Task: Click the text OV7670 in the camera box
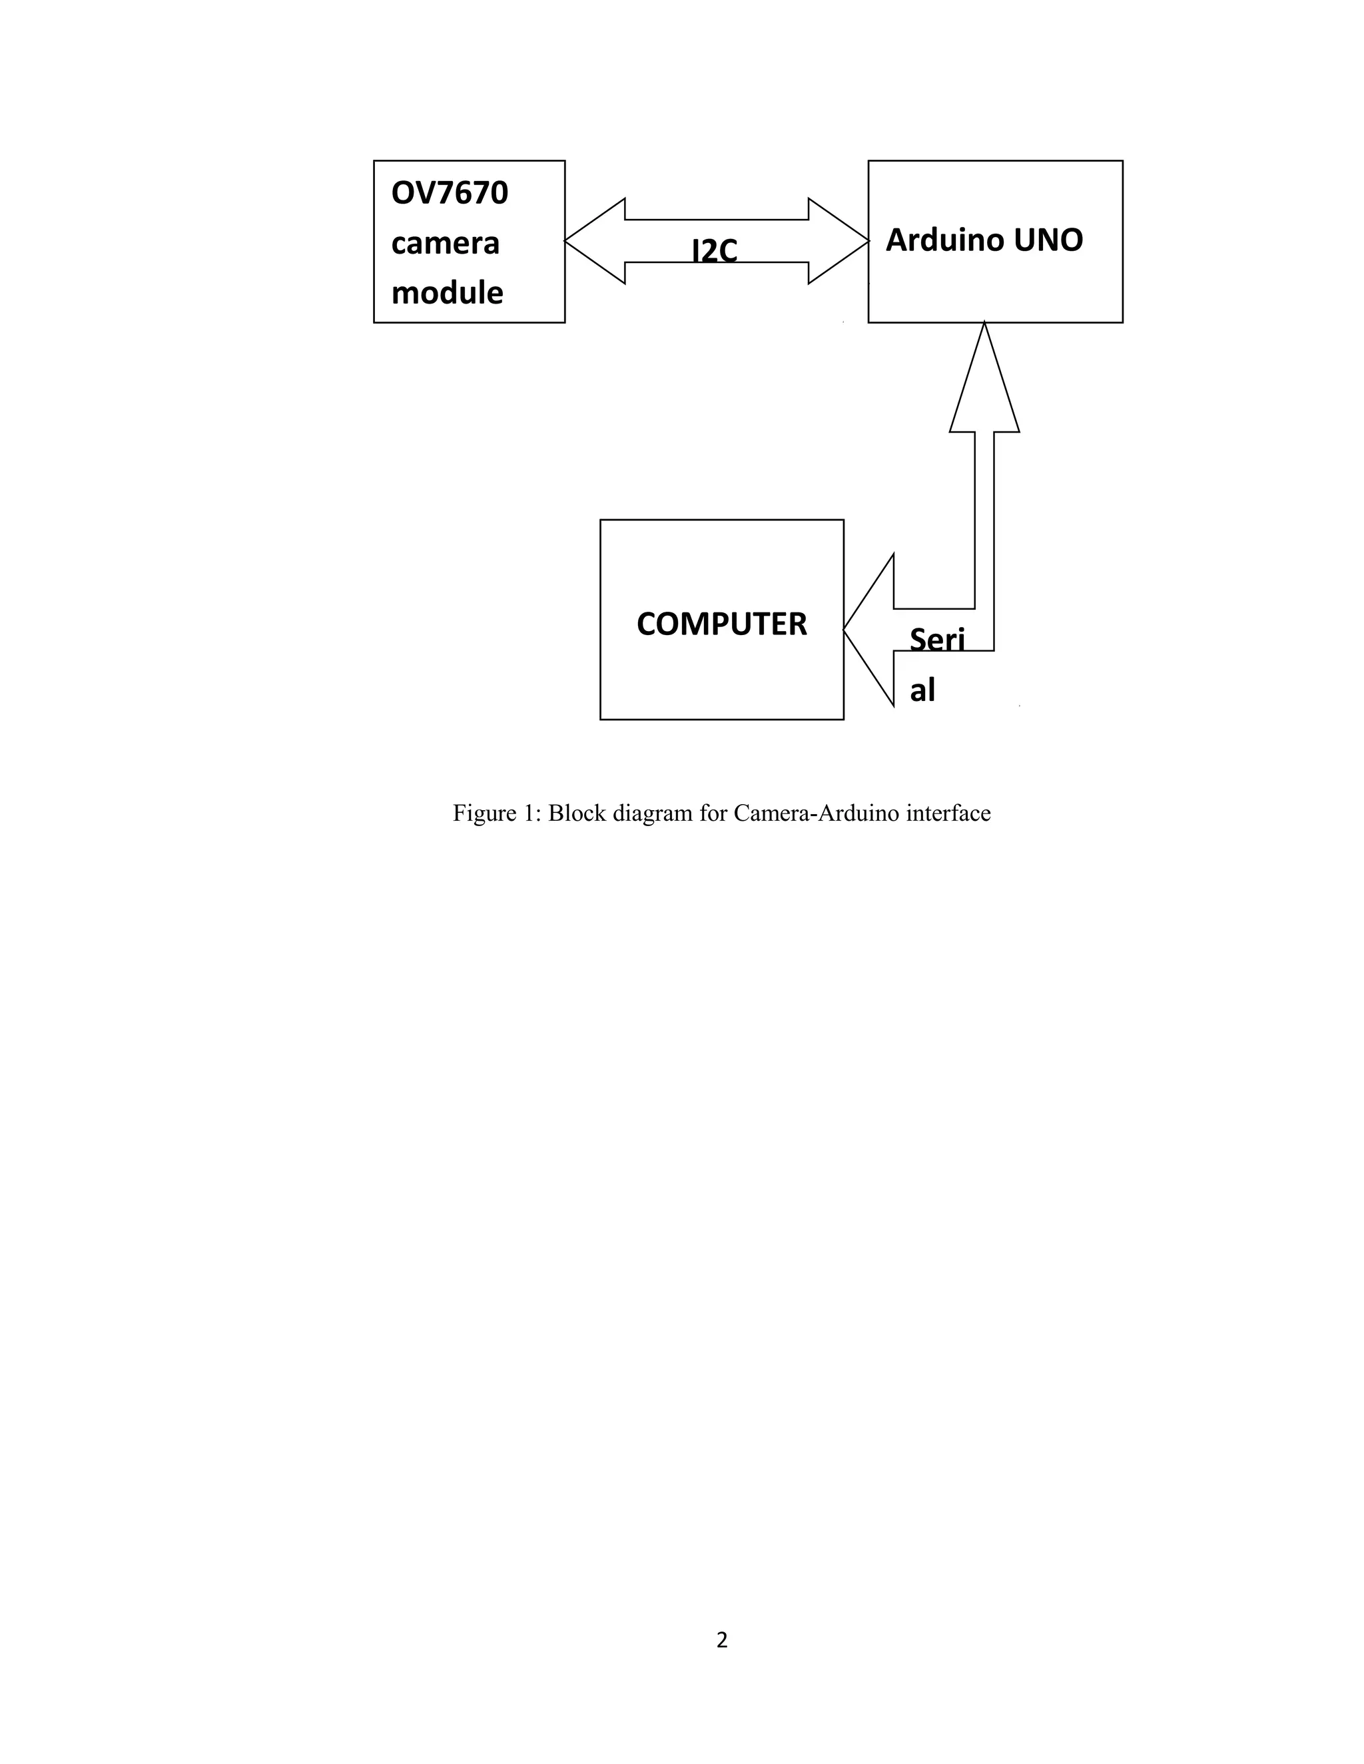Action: pyautogui.click(x=450, y=193)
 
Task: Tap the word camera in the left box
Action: pyautogui.click(x=446, y=243)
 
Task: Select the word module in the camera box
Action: pyautogui.click(x=447, y=292)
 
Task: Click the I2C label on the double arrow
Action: pyautogui.click(x=715, y=250)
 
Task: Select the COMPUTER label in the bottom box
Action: pyautogui.click(x=721, y=624)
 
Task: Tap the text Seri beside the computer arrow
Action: pyautogui.click(x=936, y=640)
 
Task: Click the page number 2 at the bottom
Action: pyautogui.click(x=721, y=1640)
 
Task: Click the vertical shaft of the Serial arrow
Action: pyautogui.click(x=984, y=525)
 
